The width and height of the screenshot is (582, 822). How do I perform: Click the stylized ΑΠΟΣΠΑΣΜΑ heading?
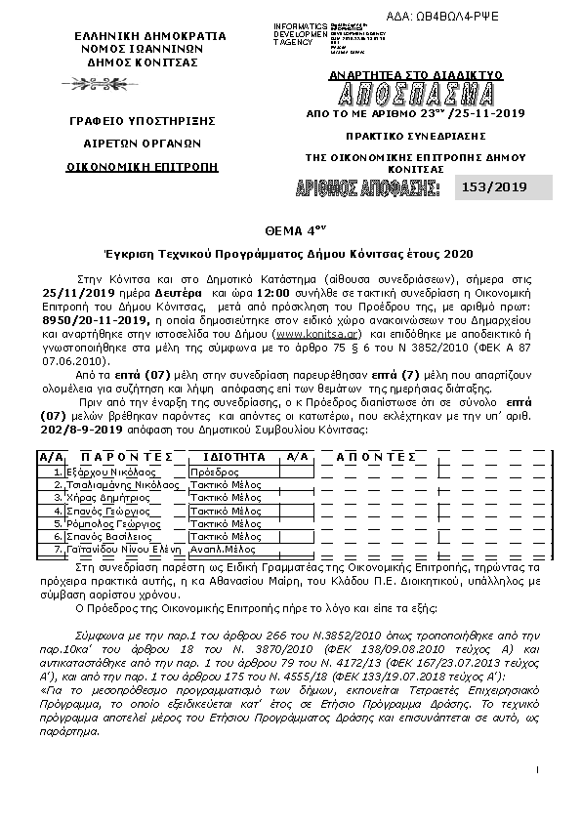[x=416, y=95]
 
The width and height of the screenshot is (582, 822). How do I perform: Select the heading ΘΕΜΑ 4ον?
[x=294, y=230]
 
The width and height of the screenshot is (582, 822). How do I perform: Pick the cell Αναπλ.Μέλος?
[x=224, y=550]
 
